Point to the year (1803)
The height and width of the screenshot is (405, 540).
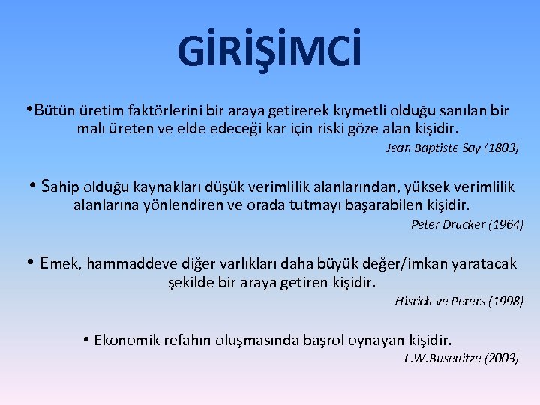500,148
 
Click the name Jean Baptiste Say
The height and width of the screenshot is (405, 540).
433,148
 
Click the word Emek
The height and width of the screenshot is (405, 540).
62,263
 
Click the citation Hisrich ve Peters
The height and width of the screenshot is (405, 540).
439,301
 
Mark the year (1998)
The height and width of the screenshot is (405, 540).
505,301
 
